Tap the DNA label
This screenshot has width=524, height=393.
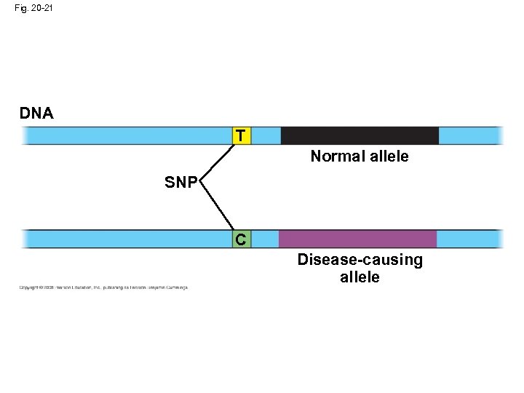click(36, 114)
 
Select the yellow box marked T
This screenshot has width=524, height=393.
click(242, 135)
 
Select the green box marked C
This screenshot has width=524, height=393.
click(242, 239)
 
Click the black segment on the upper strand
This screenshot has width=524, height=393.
click(360, 135)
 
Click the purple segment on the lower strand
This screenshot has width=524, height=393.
click(357, 239)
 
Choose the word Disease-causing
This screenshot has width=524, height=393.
click(360, 261)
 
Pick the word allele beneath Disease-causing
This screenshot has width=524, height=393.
click(360, 277)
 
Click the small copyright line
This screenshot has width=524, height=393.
click(103, 287)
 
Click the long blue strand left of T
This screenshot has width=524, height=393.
click(127, 135)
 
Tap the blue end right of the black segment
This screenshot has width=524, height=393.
click(470, 135)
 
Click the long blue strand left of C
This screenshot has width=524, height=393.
click(127, 239)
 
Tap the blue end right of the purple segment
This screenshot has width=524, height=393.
click(469, 239)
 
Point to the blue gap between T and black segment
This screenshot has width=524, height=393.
click(266, 135)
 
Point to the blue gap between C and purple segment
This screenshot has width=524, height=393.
click(264, 239)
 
